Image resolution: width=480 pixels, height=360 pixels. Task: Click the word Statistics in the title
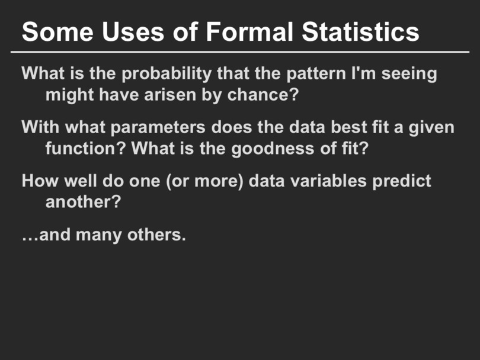coord(360,31)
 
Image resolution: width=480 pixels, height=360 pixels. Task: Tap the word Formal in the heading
coord(249,31)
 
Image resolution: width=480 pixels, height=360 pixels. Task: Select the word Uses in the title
coord(133,31)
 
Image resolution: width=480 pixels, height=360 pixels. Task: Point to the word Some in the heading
coord(57,31)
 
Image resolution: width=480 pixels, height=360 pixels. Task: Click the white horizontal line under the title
coord(240,52)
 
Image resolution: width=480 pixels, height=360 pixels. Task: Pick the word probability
coord(167,74)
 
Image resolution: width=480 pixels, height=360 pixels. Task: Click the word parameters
coord(158,127)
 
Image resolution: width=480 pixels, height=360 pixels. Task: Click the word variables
coord(328,181)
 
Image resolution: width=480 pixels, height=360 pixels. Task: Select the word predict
coord(402,181)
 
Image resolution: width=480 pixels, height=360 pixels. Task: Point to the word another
coord(84,202)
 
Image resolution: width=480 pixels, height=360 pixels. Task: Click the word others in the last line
coord(156,234)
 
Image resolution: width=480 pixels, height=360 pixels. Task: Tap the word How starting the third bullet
coord(40,181)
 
